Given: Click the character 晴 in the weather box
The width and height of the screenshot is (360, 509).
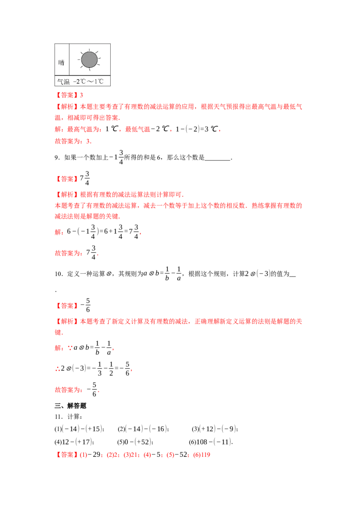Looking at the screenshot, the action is pyautogui.click(x=61, y=63).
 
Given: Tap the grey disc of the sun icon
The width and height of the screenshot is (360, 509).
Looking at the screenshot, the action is pyautogui.click(x=90, y=59).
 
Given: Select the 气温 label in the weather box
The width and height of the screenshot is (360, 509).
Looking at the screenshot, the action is pyautogui.click(x=63, y=82).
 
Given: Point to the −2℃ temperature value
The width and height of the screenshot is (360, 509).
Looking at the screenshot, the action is pyautogui.click(x=80, y=82).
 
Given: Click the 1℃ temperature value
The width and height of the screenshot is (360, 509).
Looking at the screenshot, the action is pyautogui.click(x=100, y=82).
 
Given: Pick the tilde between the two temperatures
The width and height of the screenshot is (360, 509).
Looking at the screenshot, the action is pyautogui.click(x=91, y=82).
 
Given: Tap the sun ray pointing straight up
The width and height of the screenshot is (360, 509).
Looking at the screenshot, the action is pyautogui.click(x=90, y=49).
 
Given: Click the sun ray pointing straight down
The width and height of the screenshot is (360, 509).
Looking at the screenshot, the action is pyautogui.click(x=90, y=70).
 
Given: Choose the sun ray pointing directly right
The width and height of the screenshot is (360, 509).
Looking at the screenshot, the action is pyautogui.click(x=100, y=59).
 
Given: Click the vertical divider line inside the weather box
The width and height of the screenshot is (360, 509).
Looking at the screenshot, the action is pyautogui.click(x=69, y=59).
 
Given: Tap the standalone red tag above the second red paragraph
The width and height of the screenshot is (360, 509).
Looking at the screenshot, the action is pyautogui.click(x=67, y=179).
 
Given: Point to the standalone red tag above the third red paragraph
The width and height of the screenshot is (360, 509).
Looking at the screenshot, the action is pyautogui.click(x=67, y=306).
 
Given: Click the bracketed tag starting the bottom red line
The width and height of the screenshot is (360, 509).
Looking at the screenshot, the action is pyautogui.click(x=66, y=455).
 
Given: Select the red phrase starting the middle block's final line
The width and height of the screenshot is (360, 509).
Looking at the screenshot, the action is pyautogui.click(x=68, y=254).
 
